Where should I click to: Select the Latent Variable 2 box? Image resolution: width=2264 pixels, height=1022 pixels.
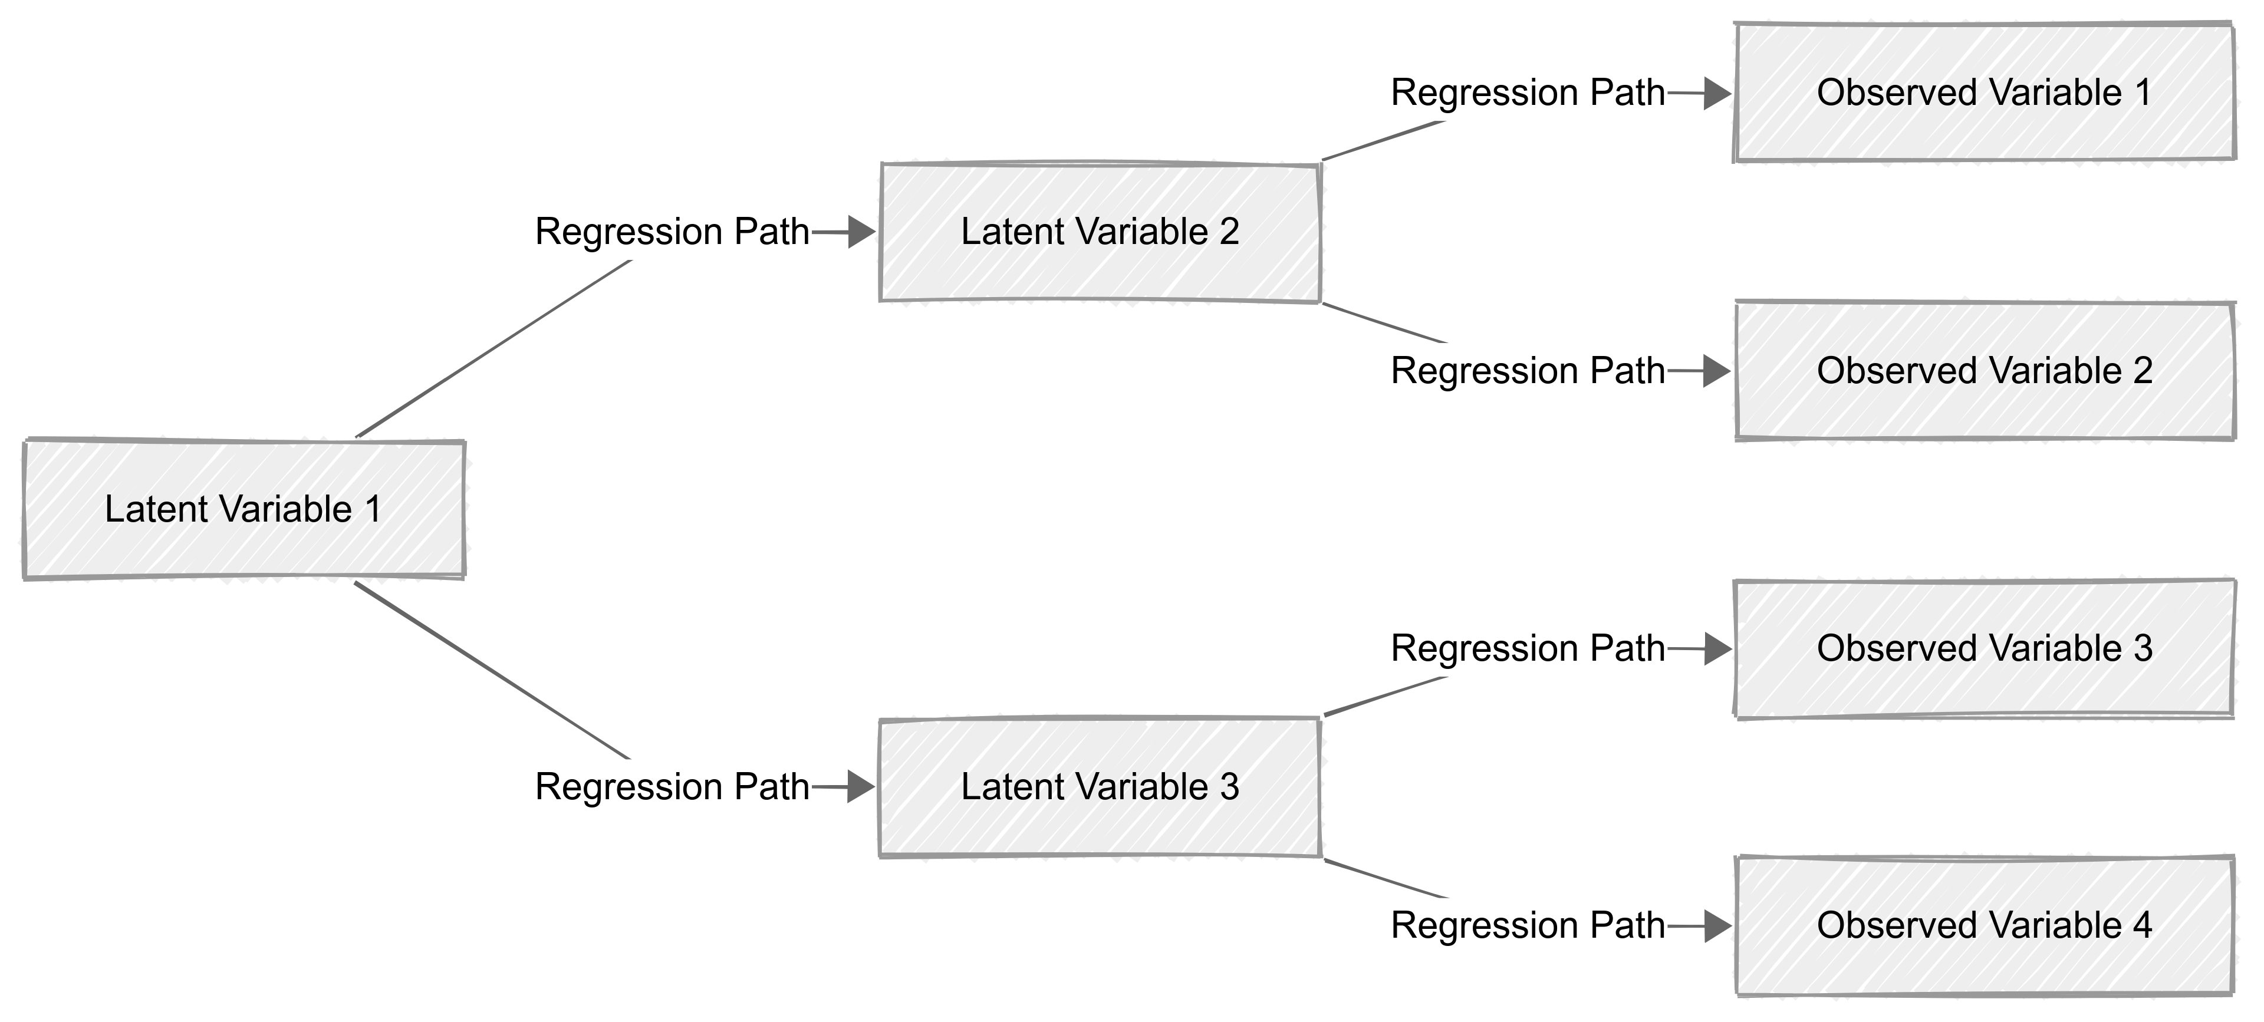click(1100, 232)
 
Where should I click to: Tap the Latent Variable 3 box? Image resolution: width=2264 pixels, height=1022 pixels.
click(1100, 786)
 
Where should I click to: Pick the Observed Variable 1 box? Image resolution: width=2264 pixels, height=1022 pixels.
click(1983, 93)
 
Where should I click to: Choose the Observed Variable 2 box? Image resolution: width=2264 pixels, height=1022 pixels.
click(1983, 371)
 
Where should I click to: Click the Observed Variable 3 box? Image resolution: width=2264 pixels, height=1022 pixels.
click(1983, 648)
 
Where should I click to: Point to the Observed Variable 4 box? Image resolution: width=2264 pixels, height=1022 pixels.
click(1983, 925)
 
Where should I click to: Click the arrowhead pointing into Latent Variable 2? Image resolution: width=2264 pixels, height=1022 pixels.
click(861, 233)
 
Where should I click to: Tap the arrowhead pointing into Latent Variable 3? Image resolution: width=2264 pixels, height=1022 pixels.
click(861, 786)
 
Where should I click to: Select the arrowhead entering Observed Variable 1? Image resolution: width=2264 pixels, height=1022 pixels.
click(1716, 93)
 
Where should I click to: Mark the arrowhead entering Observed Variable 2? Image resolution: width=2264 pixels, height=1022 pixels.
click(1716, 371)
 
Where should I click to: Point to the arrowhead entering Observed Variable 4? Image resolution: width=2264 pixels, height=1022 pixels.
click(1716, 926)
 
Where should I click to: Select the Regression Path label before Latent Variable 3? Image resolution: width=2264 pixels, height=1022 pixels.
click(672, 786)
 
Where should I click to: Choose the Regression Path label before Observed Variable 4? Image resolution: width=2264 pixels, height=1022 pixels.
click(1528, 925)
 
